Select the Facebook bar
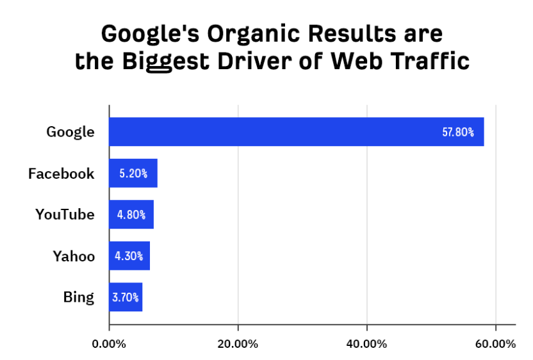click(x=133, y=173)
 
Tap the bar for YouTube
click(x=131, y=215)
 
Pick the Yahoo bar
click(x=129, y=256)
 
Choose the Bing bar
click(x=126, y=297)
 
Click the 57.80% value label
click(x=458, y=133)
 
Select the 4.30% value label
click(x=129, y=256)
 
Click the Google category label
click(x=70, y=133)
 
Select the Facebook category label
click(x=61, y=174)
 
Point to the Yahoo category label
click(x=74, y=256)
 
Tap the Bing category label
click(x=79, y=297)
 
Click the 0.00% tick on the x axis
click(x=109, y=344)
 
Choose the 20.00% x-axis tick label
click(x=238, y=344)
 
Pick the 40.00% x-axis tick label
click(x=366, y=344)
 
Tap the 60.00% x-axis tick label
click(x=495, y=344)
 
